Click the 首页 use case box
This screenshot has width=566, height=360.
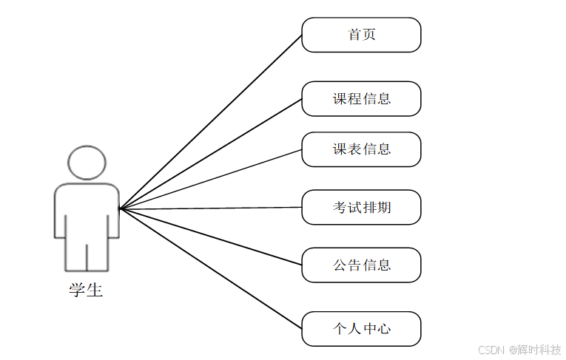pos(361,35)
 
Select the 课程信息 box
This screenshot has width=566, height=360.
pos(361,99)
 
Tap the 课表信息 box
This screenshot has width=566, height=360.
pos(361,149)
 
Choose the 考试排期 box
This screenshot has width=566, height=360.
pos(361,208)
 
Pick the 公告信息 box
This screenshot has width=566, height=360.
pos(361,265)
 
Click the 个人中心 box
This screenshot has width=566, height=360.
pos(361,329)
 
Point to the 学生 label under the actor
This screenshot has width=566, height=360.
pos(86,291)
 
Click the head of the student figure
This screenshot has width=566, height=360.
pos(87,163)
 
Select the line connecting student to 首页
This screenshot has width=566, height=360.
pos(211,122)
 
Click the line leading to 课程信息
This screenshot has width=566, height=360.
pos(211,154)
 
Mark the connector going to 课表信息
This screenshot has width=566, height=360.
pos(211,180)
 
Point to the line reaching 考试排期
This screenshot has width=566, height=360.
pos(211,208)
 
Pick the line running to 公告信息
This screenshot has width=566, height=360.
pos(211,237)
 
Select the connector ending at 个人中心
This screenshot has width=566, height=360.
pos(211,269)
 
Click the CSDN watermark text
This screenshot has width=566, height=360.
pos(491,350)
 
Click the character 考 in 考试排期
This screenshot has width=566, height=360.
pos(340,208)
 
